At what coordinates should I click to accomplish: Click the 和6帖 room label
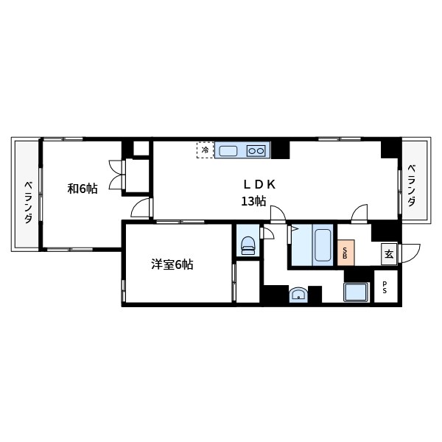[83, 189]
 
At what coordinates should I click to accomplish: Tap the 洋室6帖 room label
[172, 264]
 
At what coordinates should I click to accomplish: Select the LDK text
[260, 184]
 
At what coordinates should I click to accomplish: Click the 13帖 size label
[253, 202]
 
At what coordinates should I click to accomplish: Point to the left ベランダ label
[27, 202]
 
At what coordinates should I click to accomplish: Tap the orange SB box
[345, 253]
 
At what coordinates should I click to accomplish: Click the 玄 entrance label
[388, 254]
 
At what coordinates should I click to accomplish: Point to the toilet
[247, 245]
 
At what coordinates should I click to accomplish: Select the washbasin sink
[298, 295]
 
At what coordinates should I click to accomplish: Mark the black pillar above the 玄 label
[385, 231]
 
